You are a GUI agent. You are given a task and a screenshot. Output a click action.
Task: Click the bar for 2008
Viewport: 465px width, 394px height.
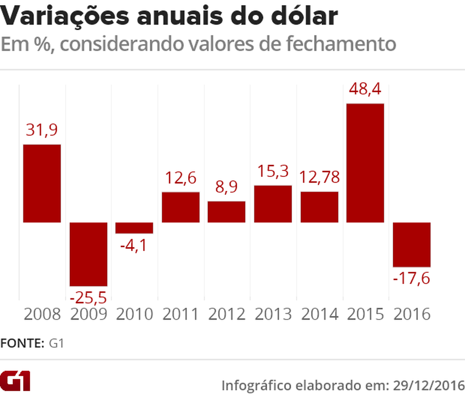pyautogui.click(x=42, y=183)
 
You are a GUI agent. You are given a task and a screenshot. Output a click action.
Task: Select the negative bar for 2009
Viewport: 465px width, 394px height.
pyautogui.click(x=88, y=254)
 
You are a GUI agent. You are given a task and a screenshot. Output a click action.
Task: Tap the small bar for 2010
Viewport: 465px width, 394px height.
pyautogui.click(x=135, y=228)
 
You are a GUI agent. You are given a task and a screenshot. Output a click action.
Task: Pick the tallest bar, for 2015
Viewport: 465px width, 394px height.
pyautogui.click(x=365, y=163)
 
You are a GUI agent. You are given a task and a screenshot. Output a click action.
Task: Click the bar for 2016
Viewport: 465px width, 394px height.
pyautogui.click(x=412, y=244)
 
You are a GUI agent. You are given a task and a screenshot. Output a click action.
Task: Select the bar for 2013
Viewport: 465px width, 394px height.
pyautogui.click(x=273, y=204)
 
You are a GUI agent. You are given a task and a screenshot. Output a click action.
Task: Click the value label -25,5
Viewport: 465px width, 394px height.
pyautogui.click(x=88, y=298)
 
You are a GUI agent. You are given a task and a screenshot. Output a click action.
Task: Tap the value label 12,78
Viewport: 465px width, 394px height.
pyautogui.click(x=319, y=178)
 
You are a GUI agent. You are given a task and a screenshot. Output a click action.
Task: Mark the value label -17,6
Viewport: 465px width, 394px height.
pyautogui.click(x=412, y=278)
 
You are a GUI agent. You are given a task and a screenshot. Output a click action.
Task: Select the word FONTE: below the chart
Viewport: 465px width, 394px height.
pyautogui.click(x=22, y=343)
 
